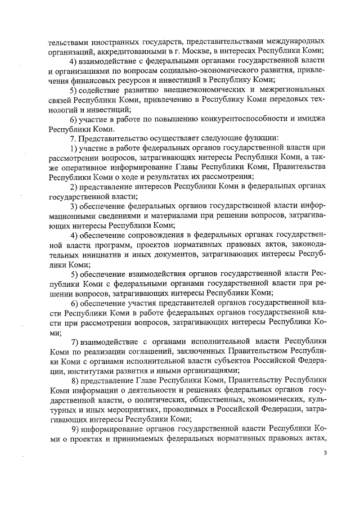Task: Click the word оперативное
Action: point(80,168)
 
